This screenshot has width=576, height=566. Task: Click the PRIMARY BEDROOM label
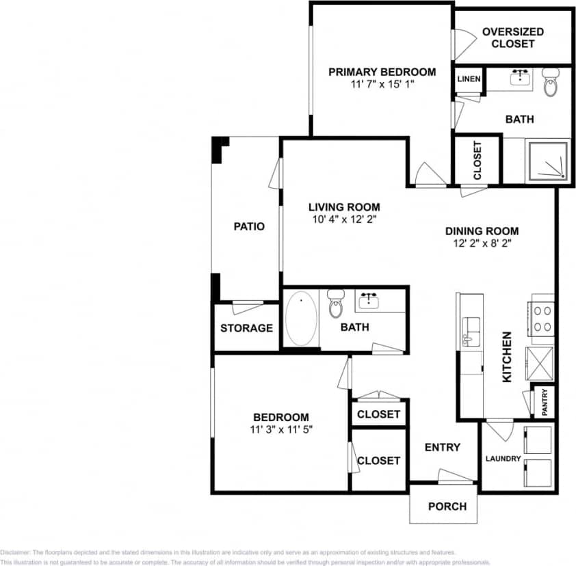point(382,72)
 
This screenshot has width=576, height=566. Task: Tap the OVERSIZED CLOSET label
point(512,38)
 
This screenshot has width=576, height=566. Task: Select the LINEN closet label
point(469,79)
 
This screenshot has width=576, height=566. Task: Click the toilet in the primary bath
point(551,82)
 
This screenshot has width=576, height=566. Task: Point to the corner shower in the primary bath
point(547,162)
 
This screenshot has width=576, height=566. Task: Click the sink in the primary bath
point(521,77)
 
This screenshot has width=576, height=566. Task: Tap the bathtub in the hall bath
point(301,319)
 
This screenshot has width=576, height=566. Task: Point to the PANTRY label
point(545,402)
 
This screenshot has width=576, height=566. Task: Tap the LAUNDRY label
point(503,459)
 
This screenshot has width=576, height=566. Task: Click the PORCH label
point(447,507)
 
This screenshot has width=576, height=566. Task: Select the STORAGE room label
point(246,328)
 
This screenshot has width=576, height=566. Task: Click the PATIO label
point(249,226)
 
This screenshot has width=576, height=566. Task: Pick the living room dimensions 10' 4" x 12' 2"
point(343,219)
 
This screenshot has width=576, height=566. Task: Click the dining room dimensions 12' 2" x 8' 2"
point(482,243)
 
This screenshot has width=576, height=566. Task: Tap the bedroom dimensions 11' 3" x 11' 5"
point(281,429)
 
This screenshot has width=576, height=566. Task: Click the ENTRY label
point(442,447)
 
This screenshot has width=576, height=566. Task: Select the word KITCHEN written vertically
point(507,357)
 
